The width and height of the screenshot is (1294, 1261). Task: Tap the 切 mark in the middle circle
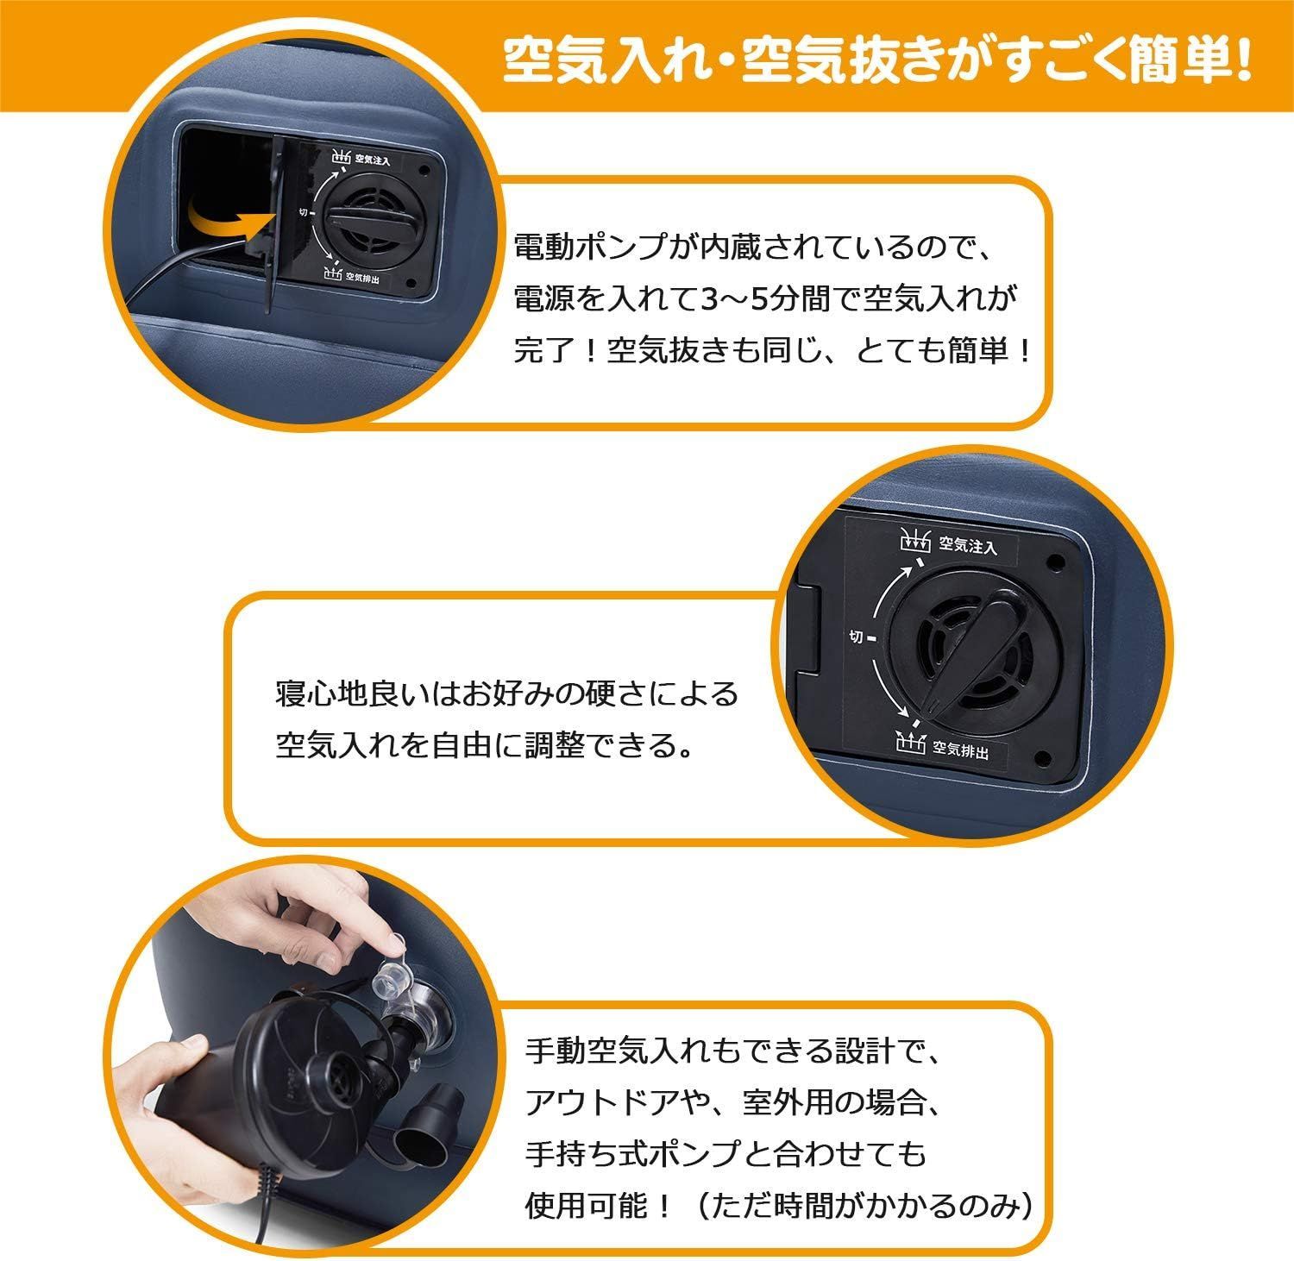point(856,637)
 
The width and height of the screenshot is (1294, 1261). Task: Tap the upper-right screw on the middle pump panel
point(1054,560)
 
